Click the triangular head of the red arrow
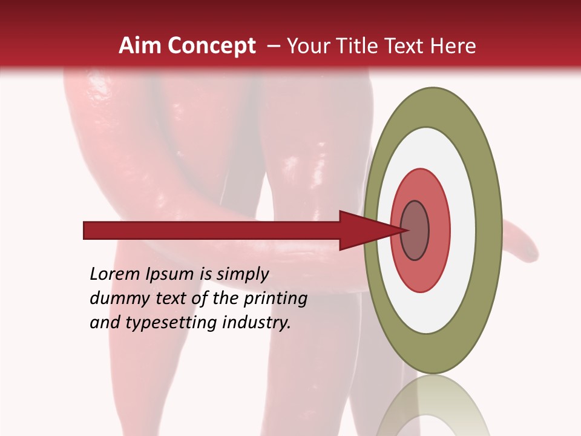[x=363, y=231]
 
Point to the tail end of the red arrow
[x=88, y=231]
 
